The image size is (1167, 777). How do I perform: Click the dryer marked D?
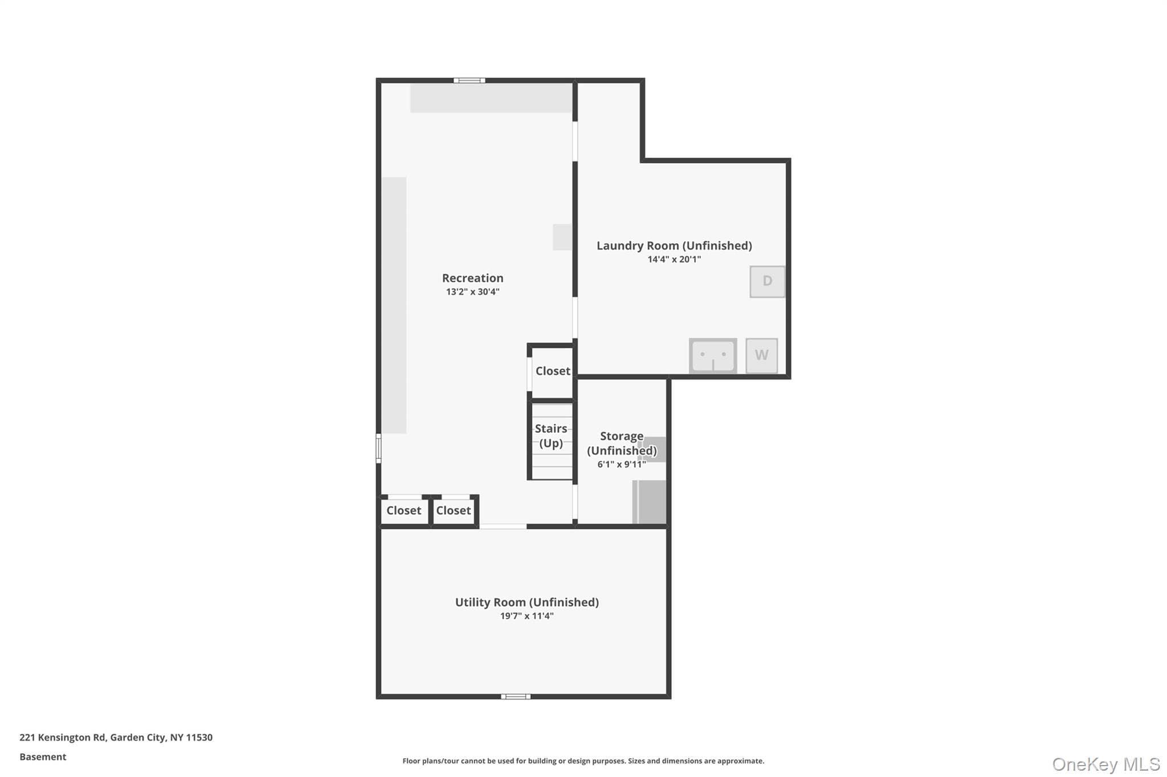[x=767, y=281]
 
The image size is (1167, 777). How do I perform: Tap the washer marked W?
[x=761, y=355]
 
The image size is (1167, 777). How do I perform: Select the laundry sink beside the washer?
[x=713, y=356]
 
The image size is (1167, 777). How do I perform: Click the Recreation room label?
[x=472, y=278]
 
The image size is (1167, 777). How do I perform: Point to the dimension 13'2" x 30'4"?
[x=472, y=291]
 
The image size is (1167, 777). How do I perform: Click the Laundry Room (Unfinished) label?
[x=674, y=245]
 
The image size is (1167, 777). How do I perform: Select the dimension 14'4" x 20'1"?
[x=674, y=259]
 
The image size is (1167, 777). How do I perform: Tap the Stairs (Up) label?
[x=551, y=435]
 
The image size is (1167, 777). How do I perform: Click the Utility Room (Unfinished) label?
[x=527, y=602]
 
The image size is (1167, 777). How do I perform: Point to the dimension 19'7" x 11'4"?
[x=527, y=615]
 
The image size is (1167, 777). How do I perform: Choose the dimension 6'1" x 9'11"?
[x=621, y=464]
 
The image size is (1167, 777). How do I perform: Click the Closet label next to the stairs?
[x=553, y=371]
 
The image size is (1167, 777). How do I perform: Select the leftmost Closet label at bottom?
[x=403, y=510]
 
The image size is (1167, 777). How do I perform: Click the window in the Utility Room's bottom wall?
[x=516, y=696]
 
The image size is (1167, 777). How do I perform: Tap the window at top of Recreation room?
[x=470, y=80]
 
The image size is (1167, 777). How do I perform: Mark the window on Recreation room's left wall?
[x=378, y=448]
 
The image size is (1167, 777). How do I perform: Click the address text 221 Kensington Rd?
[x=63, y=737]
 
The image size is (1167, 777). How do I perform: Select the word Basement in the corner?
[x=43, y=757]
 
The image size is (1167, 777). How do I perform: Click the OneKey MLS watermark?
[x=1106, y=764]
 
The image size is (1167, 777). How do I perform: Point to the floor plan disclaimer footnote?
[x=583, y=760]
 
